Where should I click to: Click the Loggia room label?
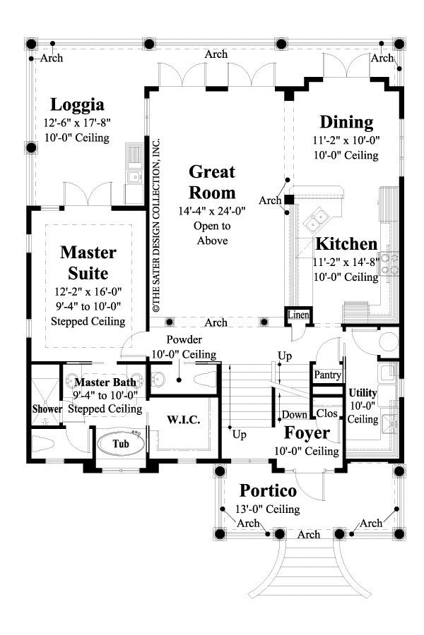coord(77,105)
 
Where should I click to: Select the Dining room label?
coord(346,122)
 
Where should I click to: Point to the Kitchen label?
coord(346,244)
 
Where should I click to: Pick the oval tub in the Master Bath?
coord(122,445)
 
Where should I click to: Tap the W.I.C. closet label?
coord(184,420)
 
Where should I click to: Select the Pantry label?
coord(327,374)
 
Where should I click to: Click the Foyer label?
coord(307,432)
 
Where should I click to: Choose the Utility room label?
coord(363,392)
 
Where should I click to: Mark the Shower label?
coord(47,409)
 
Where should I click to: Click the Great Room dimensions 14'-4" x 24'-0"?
coord(212,210)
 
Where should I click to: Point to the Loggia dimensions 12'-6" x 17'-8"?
coord(77,123)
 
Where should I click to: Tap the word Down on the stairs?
coord(294,414)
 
